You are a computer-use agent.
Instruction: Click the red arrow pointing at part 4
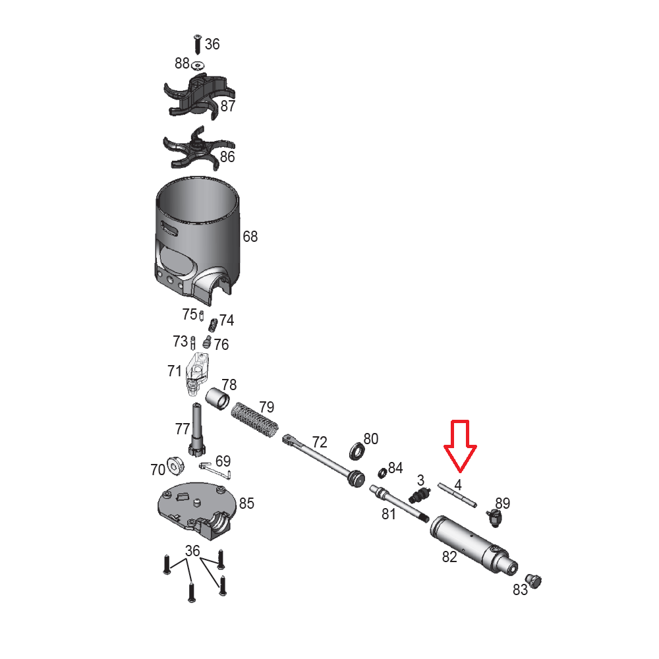point(460,446)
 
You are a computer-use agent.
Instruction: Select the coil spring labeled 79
point(254,419)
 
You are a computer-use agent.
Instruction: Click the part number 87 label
point(228,106)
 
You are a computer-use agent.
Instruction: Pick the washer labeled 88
point(198,65)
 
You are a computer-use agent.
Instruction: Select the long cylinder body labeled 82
point(474,545)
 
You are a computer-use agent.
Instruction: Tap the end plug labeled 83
point(534,581)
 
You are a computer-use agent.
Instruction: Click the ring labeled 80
point(357,451)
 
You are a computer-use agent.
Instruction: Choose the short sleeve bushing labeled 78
point(217,399)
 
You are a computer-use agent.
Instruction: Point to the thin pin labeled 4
point(457,495)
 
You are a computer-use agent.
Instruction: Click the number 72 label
point(320,442)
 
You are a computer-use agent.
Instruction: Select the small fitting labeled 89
point(494,517)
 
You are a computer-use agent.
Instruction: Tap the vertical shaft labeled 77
point(197,429)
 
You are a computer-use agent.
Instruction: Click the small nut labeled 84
point(382,473)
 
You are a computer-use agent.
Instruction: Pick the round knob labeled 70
point(175,466)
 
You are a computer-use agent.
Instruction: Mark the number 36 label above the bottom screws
point(192,550)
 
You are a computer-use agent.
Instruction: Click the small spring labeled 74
point(214,325)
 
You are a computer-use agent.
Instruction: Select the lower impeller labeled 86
point(198,148)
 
